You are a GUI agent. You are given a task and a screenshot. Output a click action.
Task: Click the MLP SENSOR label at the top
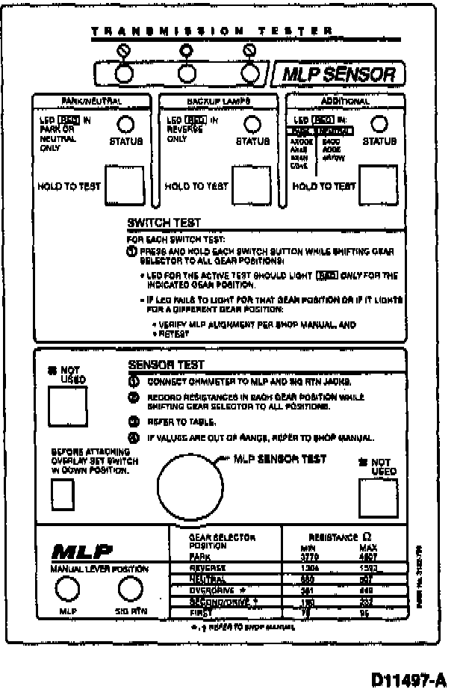pyautogui.click(x=344, y=74)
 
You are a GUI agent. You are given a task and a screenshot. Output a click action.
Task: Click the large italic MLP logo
pyautogui.click(x=82, y=552)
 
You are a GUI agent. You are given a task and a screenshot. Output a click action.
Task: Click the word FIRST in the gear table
pyautogui.click(x=182, y=612)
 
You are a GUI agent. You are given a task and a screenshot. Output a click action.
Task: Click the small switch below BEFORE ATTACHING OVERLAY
pyautogui.click(x=62, y=494)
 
